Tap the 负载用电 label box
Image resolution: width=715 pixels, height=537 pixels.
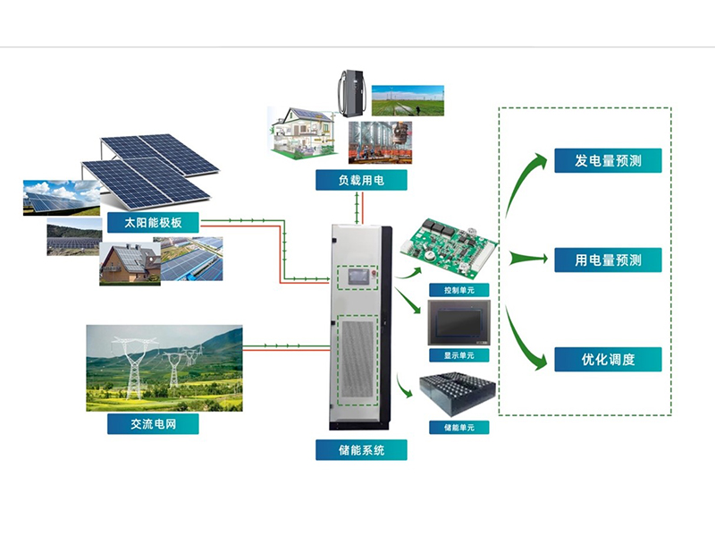pos(360,180)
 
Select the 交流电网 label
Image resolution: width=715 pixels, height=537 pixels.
pos(153,423)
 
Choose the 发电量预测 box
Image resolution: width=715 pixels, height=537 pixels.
pos(608,161)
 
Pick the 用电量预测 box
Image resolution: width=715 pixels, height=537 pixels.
pos(608,260)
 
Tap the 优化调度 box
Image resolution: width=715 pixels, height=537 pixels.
pos(608,360)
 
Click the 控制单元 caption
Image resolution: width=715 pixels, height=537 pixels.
pos(458,290)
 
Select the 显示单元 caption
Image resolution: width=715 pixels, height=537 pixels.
pos(458,355)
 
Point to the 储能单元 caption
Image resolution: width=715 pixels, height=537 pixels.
pos(458,427)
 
